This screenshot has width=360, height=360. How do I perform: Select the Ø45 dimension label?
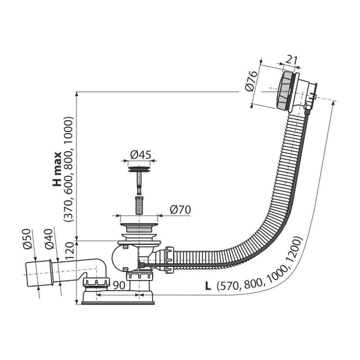(x=141, y=154)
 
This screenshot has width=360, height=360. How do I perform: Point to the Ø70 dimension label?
(x=180, y=210)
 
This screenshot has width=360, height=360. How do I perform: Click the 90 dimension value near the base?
(x=119, y=285)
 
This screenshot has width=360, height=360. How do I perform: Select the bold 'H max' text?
(x=57, y=169)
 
